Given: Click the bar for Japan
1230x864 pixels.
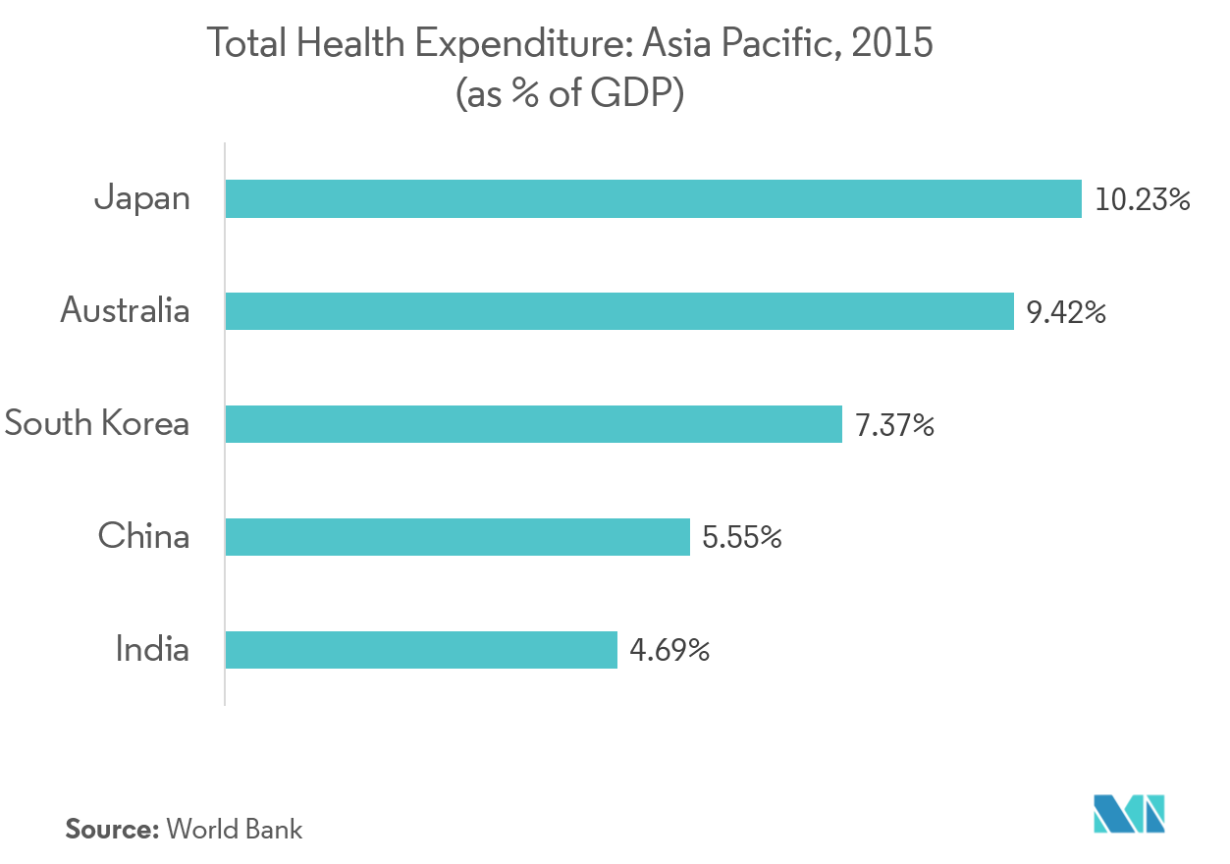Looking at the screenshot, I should coord(653,198).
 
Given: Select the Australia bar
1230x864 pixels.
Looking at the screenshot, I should coord(618,311).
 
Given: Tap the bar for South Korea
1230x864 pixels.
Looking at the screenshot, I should coord(533,424).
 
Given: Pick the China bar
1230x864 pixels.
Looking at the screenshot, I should coord(457,537).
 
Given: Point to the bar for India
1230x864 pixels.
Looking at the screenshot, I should coord(421,650).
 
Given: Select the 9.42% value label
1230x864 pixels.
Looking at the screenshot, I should coord(1067,313).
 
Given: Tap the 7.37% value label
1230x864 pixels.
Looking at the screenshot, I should coord(894,426).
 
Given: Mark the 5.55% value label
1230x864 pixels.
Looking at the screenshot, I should coord(742,538).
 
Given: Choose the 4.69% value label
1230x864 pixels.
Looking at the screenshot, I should coord(669,651).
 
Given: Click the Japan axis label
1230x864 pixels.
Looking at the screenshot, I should coord(142,199).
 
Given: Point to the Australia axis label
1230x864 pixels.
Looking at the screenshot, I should coord(125,311).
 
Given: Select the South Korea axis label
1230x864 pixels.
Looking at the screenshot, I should coord(96,424).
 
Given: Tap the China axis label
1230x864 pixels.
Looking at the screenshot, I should coord(143,536).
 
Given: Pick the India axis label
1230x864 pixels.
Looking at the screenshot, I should coord(152,649).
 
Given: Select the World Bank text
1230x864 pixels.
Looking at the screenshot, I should coord(235,829).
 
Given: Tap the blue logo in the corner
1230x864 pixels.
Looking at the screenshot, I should coord(1129,814).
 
